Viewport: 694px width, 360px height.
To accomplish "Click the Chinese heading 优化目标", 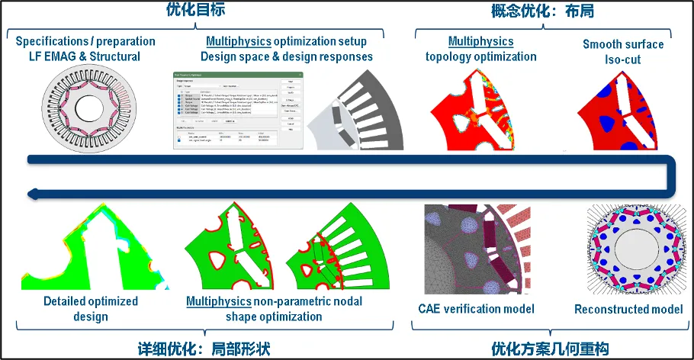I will pyautogui.click(x=194, y=10).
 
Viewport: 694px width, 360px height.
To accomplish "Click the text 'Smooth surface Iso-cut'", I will pyautogui.click(x=623, y=50).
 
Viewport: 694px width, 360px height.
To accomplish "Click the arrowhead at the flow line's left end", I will pyautogui.click(x=31, y=195).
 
